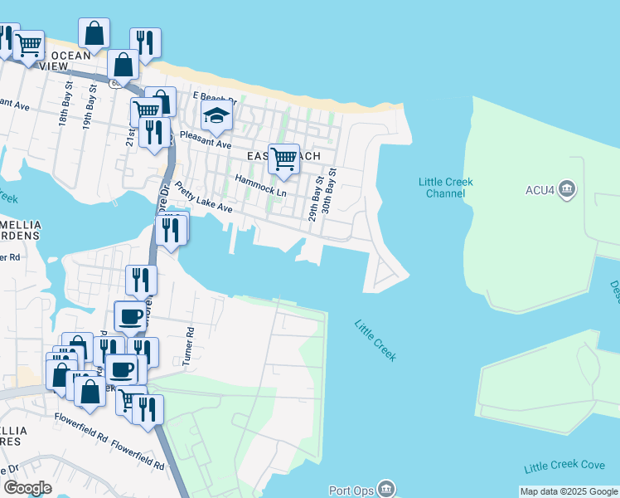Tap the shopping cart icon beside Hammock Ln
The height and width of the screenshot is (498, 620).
pyautogui.click(x=283, y=158)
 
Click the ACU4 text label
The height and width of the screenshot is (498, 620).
pyautogui.click(x=540, y=190)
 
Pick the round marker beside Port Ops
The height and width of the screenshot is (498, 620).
pyautogui.click(x=387, y=490)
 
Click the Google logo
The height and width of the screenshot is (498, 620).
pyautogui.click(x=27, y=488)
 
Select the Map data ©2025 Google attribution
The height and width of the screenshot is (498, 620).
pyautogui.click(x=569, y=491)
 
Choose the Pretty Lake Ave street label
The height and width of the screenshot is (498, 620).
pyautogui.click(x=203, y=198)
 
